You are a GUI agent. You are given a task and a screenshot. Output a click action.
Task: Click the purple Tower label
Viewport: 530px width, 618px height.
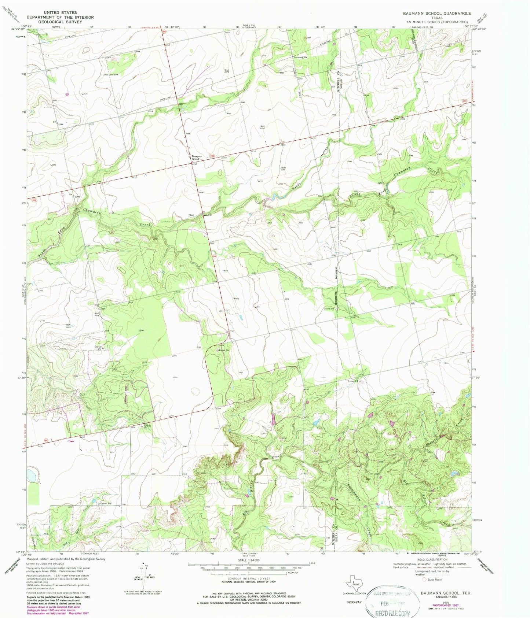(x=71, y=441)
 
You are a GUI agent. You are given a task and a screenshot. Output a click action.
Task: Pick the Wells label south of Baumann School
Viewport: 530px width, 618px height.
(x=236, y=299)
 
